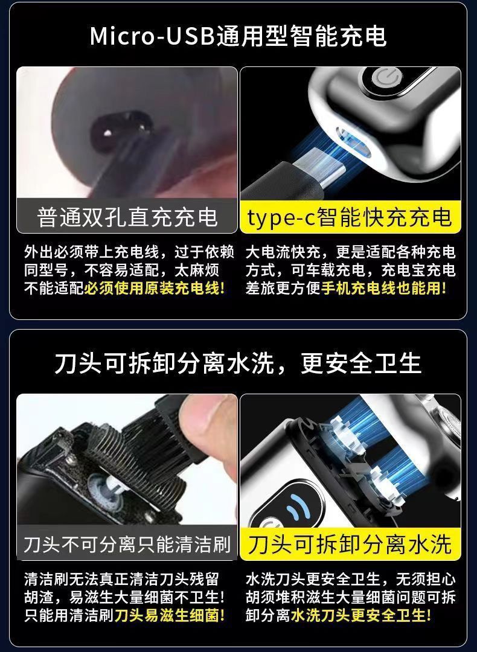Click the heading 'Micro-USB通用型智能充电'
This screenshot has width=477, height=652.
(238, 36)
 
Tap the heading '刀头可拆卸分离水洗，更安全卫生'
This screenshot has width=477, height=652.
(238, 363)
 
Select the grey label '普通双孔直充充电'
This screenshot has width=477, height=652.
(127, 217)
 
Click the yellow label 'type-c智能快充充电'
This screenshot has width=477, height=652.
(350, 217)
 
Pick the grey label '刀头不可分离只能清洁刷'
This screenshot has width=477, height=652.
(127, 544)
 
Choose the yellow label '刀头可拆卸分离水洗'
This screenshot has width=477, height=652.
(350, 544)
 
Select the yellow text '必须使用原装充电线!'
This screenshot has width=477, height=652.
(155, 288)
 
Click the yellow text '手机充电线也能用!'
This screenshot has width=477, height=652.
(383, 288)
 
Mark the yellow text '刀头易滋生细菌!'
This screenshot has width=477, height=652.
(170, 615)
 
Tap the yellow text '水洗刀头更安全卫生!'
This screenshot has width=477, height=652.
(360, 615)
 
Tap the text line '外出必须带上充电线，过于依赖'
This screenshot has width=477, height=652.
(129, 252)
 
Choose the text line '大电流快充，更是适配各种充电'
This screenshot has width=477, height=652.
(351, 252)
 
